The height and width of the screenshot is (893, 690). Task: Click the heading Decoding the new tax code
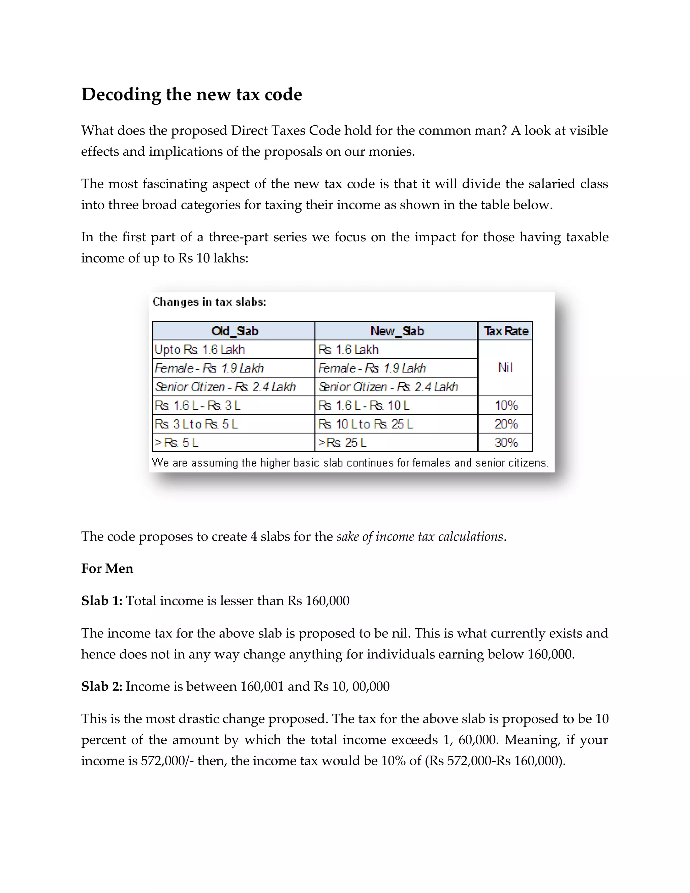(x=191, y=94)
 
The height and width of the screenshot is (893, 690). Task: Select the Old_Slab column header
(x=234, y=331)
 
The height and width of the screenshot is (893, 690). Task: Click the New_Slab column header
(x=397, y=331)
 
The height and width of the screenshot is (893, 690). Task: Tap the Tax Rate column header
(x=506, y=331)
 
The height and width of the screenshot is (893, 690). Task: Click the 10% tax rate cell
(x=506, y=405)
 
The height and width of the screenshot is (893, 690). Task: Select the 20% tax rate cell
(x=506, y=424)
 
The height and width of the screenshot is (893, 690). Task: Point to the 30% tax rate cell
(x=506, y=443)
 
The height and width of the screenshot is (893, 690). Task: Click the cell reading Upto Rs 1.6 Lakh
(x=200, y=349)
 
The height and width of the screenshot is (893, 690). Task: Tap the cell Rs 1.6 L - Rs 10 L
(x=364, y=405)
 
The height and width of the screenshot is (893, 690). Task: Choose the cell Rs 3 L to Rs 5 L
(x=196, y=424)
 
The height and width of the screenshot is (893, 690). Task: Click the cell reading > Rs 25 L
(x=343, y=443)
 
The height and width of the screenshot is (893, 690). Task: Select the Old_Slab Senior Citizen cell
(x=225, y=387)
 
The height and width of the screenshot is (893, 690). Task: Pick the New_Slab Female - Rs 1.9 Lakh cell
(x=372, y=368)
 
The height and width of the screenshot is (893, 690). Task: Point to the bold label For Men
(x=107, y=569)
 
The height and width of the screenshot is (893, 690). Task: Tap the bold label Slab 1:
(x=102, y=601)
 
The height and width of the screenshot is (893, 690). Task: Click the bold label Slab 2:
(x=102, y=686)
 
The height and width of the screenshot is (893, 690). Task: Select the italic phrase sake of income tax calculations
(x=419, y=536)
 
